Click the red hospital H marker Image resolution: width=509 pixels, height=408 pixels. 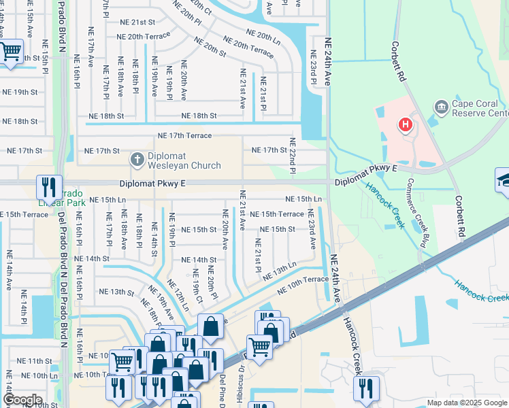tap(406, 124)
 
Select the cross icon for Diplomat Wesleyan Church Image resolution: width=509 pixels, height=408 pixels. tap(137, 159)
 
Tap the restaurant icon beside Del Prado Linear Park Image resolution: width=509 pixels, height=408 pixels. tap(49, 187)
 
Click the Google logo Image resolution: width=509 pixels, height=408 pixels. tap(22, 399)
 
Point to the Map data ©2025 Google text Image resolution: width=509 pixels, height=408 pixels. tap(467, 403)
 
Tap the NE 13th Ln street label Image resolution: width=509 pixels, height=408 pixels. tap(280, 271)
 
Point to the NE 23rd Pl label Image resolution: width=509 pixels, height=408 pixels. tap(314, 67)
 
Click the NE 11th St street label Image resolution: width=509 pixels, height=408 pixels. tap(34, 361)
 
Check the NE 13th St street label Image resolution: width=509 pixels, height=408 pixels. tap(116, 292)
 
